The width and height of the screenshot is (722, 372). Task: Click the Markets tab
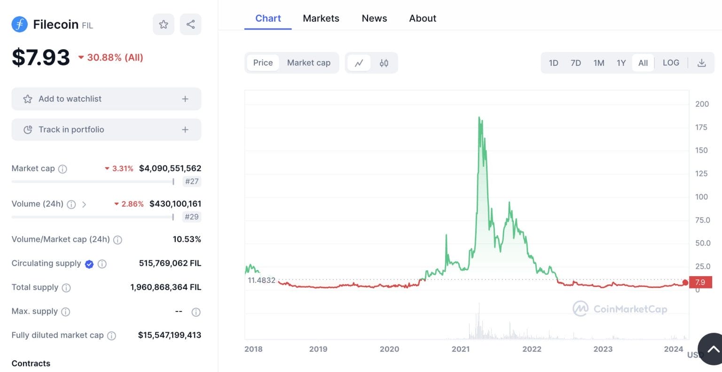pyautogui.click(x=321, y=18)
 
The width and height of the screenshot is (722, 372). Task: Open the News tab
pyautogui.click(x=374, y=18)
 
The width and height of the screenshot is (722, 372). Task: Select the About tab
pyautogui.click(x=423, y=18)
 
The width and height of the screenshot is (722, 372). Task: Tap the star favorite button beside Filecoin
pyautogui.click(x=164, y=24)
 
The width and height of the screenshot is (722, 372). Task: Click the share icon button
pyautogui.click(x=190, y=24)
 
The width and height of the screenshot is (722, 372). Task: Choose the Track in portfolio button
pyautogui.click(x=106, y=130)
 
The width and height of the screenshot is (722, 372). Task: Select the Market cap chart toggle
pyautogui.click(x=308, y=63)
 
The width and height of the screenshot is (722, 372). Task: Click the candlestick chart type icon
pyautogui.click(x=384, y=63)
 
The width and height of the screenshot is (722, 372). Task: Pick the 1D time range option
pyautogui.click(x=553, y=63)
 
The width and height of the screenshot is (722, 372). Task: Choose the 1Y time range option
pyautogui.click(x=621, y=63)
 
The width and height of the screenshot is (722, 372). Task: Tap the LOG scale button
pyautogui.click(x=671, y=63)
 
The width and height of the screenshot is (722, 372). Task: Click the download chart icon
pyautogui.click(x=701, y=63)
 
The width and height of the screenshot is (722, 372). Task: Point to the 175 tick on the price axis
pyautogui.click(x=701, y=127)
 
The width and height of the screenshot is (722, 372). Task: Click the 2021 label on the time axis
pyautogui.click(x=461, y=349)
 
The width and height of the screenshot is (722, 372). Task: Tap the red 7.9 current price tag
pyautogui.click(x=700, y=282)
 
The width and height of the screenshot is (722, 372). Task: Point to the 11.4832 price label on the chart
pyautogui.click(x=261, y=280)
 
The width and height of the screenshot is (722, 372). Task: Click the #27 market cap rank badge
pyautogui.click(x=192, y=181)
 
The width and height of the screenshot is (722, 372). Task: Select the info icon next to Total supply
pyautogui.click(x=66, y=288)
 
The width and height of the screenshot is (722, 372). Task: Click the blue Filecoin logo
pyautogui.click(x=19, y=24)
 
